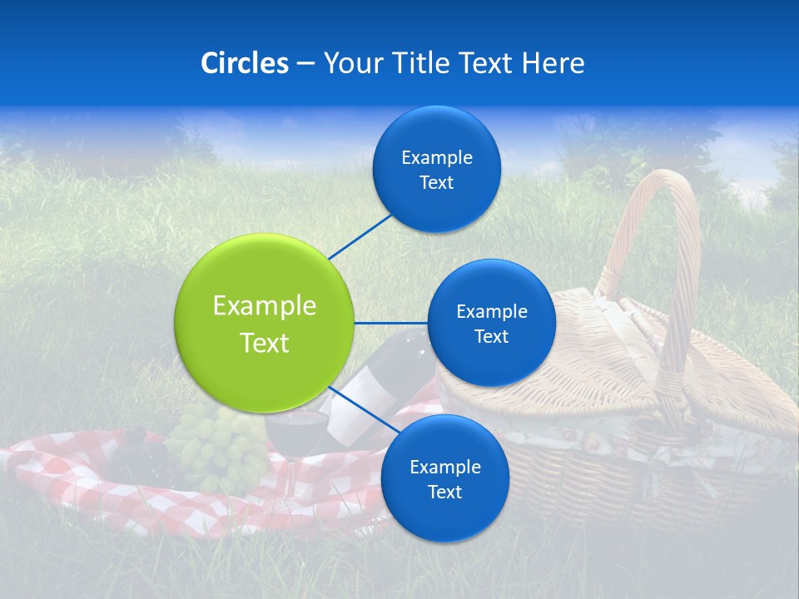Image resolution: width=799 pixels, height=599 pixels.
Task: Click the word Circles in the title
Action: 244,63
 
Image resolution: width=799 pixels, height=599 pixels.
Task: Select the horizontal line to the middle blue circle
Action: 390,323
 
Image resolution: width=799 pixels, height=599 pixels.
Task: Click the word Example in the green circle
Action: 265,306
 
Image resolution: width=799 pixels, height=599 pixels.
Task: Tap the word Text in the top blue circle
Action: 436,183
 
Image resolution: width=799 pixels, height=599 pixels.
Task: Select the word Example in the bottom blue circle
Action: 444,467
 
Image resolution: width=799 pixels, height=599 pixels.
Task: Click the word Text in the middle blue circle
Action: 491,337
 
